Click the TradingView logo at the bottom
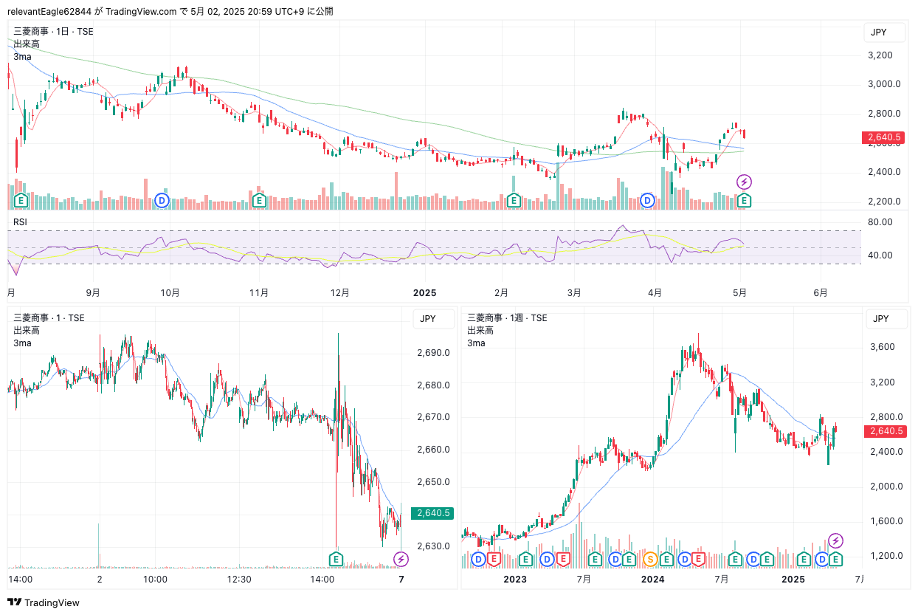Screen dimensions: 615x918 [44, 602]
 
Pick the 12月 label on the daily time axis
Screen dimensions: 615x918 [339, 293]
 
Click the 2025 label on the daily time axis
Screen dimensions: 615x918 [424, 293]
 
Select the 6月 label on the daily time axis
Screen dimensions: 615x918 [821, 293]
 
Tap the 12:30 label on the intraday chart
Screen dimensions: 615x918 [239, 580]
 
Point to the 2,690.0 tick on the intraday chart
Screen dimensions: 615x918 [433, 353]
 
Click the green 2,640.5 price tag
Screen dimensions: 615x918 [433, 513]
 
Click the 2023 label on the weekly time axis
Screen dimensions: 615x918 [515, 580]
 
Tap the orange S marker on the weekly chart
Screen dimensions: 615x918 [651, 559]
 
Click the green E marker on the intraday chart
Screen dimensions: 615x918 [337, 559]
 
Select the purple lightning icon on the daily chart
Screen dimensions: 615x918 [745, 182]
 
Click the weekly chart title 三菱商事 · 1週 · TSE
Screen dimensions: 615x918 [507, 318]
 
